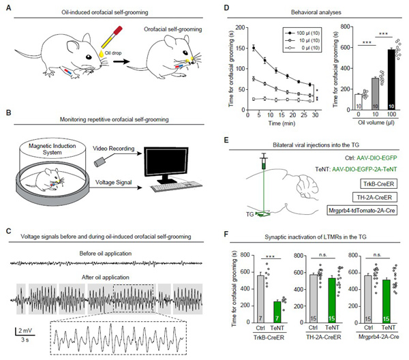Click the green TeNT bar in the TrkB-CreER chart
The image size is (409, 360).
[277, 320]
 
